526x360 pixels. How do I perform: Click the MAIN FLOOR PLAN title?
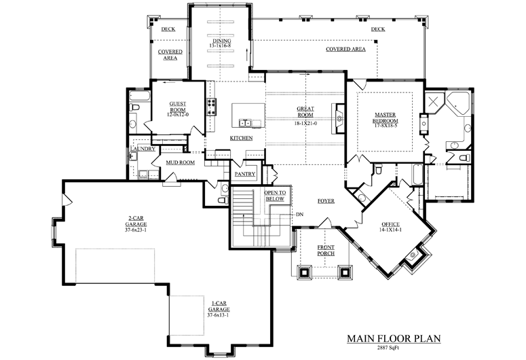394,338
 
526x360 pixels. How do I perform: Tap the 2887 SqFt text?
388,348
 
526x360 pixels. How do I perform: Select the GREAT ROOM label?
305,112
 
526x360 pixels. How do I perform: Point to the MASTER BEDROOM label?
386,118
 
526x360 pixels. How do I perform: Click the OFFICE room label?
390,224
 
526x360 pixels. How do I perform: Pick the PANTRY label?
245,174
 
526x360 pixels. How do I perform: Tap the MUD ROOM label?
181,162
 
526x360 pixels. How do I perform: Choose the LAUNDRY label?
143,149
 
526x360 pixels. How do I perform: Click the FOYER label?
326,201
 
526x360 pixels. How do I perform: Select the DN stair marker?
299,214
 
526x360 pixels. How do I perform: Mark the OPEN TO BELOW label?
275,196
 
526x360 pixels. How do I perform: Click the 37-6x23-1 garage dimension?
136,230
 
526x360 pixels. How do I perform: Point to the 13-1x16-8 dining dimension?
220,46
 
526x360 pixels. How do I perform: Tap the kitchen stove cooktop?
211,107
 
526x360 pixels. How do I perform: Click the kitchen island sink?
245,123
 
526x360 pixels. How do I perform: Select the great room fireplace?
338,118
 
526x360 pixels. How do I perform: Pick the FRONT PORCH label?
326,250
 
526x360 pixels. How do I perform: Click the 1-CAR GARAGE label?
219,306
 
